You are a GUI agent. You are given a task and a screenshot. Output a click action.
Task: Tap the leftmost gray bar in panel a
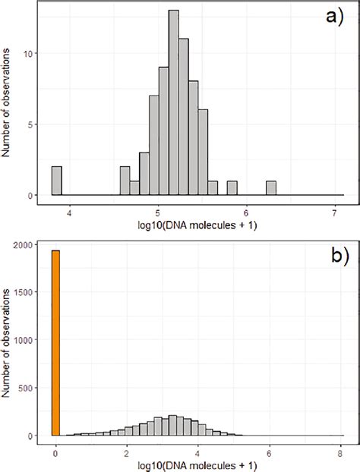(x=56, y=181)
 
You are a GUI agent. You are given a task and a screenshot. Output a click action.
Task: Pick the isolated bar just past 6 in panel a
(x=271, y=188)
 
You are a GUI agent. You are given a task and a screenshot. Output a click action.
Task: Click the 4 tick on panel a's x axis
(x=69, y=213)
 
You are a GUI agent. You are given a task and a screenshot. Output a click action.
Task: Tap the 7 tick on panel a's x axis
(x=335, y=213)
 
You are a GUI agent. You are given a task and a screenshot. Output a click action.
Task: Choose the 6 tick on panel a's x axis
(x=246, y=213)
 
